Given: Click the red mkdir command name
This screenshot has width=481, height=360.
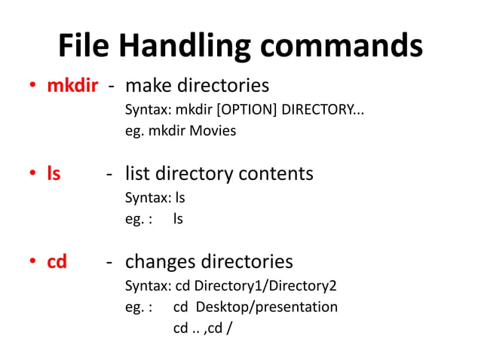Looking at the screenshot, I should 72,85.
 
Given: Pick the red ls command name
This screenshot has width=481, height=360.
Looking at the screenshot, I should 54,174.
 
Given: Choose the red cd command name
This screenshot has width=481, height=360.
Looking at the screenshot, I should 57,261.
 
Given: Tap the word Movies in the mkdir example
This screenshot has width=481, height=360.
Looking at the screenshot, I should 213,131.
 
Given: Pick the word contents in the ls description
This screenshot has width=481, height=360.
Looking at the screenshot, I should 276,174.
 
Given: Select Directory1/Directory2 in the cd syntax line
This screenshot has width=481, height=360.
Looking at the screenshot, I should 266,286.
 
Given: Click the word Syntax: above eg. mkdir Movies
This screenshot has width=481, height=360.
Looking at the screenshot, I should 148,110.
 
